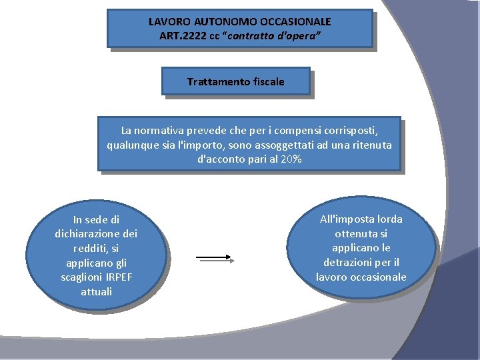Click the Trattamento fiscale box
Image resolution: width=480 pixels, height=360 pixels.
coord(236,81)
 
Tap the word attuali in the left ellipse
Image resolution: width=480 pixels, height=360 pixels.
coord(97,291)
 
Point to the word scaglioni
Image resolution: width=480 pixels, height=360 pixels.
coord(82,277)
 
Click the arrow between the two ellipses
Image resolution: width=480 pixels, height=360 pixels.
coord(213,257)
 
